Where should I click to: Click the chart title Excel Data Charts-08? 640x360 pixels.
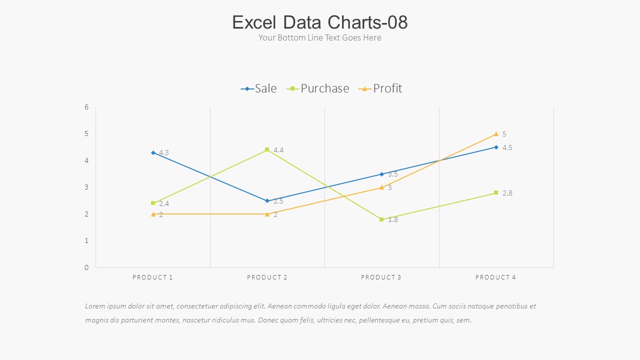(320, 22)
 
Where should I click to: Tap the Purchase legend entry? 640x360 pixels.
(318, 88)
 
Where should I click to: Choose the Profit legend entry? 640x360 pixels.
(380, 88)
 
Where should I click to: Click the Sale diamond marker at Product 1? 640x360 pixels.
(153, 152)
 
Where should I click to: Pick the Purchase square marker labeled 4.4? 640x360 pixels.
(267, 149)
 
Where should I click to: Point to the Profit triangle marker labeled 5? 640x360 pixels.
(496, 134)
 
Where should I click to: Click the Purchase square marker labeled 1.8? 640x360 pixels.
(381, 219)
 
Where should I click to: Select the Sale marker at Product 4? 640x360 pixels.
(496, 147)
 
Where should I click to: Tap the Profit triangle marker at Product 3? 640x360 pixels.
(381, 187)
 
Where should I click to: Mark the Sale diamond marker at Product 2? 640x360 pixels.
(267, 201)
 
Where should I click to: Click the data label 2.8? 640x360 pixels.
(507, 193)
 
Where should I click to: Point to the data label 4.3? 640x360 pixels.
(164, 152)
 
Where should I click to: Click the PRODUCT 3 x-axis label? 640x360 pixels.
(381, 277)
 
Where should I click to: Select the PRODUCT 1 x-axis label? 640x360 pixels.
(152, 277)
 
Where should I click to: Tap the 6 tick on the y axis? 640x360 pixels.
(86, 107)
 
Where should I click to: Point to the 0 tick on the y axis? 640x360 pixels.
(86, 267)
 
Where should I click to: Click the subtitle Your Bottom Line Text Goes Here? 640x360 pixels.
(320, 38)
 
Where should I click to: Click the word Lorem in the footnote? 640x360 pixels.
(95, 306)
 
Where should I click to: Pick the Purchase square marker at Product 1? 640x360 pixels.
(153, 203)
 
